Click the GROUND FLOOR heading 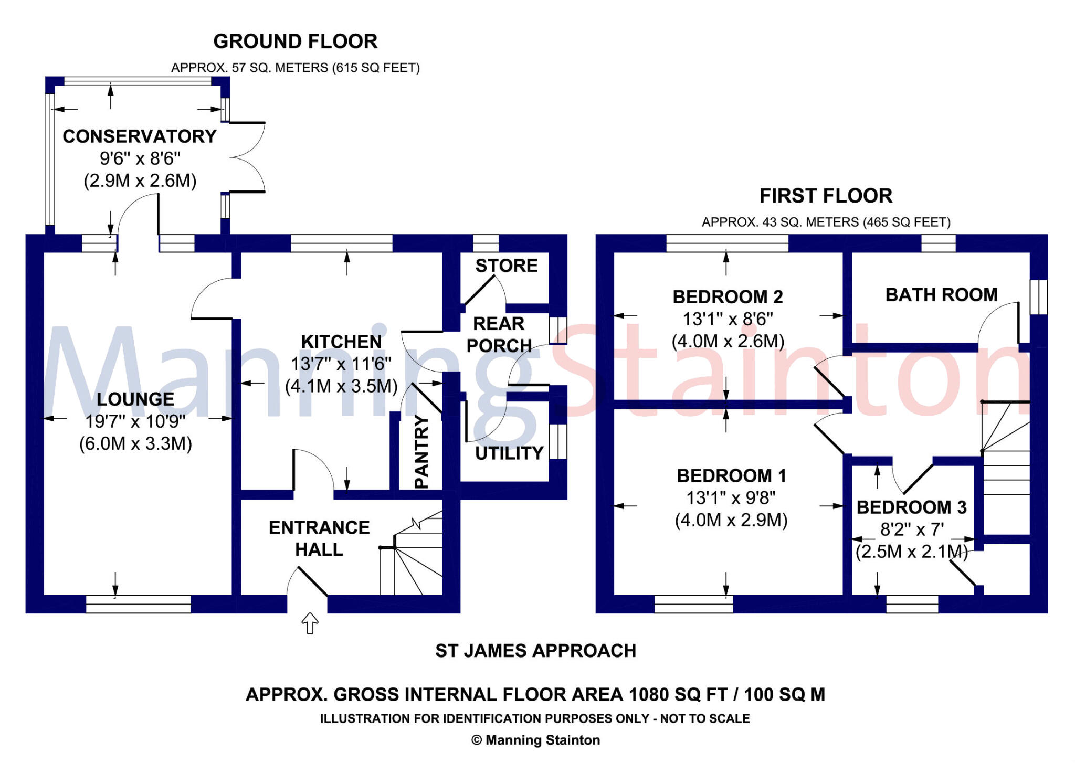(x=295, y=41)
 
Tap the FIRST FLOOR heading (x=825, y=196)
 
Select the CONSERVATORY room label (x=140, y=136)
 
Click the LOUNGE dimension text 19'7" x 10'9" (x=135, y=421)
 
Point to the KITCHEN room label (x=341, y=342)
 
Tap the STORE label (x=507, y=266)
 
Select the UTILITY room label (x=509, y=453)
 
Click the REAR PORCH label (x=499, y=334)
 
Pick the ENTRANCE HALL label (x=319, y=538)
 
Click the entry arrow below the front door (x=310, y=623)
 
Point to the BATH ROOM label (x=941, y=295)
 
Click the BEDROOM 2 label (x=728, y=297)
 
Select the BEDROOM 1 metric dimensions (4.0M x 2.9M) (x=731, y=520)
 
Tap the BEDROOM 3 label (x=911, y=507)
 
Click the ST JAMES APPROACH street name (x=535, y=651)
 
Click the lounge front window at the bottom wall (x=138, y=604)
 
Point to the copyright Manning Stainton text (x=535, y=740)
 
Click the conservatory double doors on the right (x=247, y=157)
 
